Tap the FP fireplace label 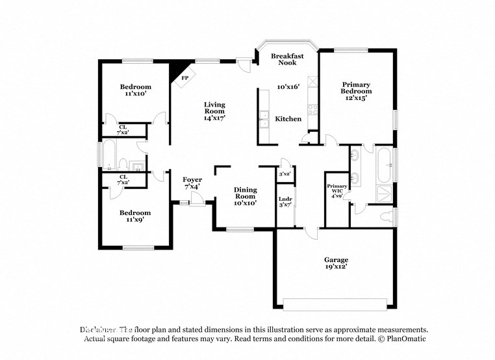[x=184, y=78]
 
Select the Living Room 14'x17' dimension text [x=214, y=118]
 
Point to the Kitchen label [x=288, y=119]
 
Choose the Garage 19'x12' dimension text [x=336, y=266]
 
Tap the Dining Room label [x=245, y=193]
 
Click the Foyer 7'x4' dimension [x=192, y=186]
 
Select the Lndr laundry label [x=285, y=199]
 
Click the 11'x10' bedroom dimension [x=136, y=94]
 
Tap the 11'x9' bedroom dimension [x=135, y=220]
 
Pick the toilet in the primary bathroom [x=388, y=216]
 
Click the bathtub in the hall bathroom [x=108, y=156]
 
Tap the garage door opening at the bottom [x=336, y=303]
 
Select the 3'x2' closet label [x=285, y=174]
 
